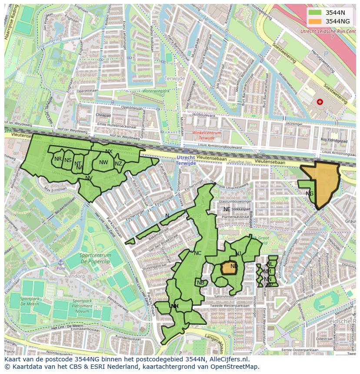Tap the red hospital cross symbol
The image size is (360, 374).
[x=320, y=102]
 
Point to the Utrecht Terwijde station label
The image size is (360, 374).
[x=186, y=159]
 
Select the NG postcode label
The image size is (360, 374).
[x=310, y=194]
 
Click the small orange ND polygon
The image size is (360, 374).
[x=229, y=268]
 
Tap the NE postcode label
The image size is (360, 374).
[x=227, y=209]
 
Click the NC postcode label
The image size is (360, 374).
[x=197, y=253]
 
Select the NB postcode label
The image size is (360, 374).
[x=200, y=283]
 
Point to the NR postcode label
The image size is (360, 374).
[x=58, y=159]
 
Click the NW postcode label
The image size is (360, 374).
[x=103, y=162]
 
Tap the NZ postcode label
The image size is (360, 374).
[x=118, y=164]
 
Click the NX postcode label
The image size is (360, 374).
[x=109, y=152]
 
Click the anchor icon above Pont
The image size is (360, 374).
[x=61, y=262]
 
